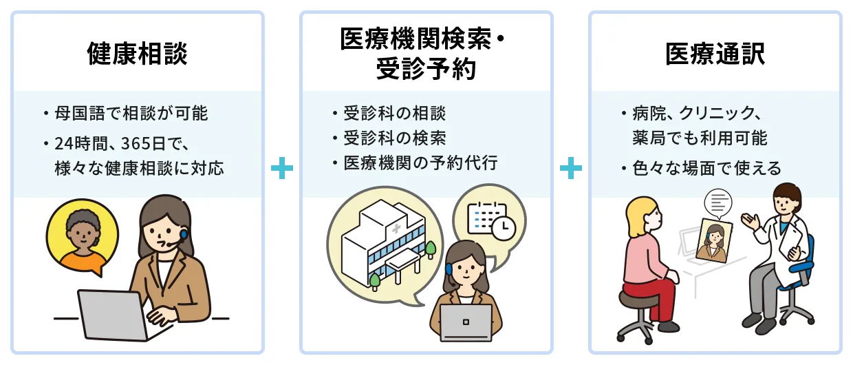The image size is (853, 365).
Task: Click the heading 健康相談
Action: point(138,54)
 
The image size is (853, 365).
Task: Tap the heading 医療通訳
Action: point(715,54)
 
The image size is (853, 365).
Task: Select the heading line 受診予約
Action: point(426,69)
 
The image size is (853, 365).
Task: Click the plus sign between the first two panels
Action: point(282,169)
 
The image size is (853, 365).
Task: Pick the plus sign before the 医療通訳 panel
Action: point(570,169)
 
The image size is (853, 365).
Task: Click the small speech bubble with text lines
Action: point(718,201)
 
